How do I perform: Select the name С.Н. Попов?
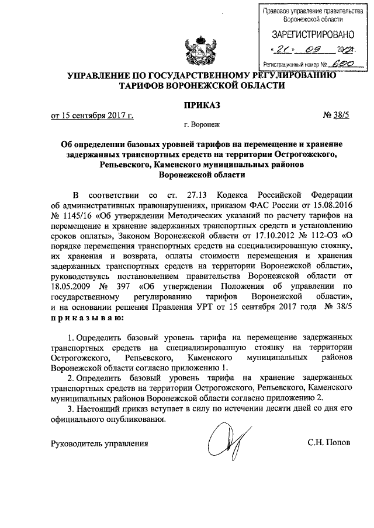click(329, 443)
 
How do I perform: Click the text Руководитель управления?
click(100, 443)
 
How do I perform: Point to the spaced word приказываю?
click(87, 319)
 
